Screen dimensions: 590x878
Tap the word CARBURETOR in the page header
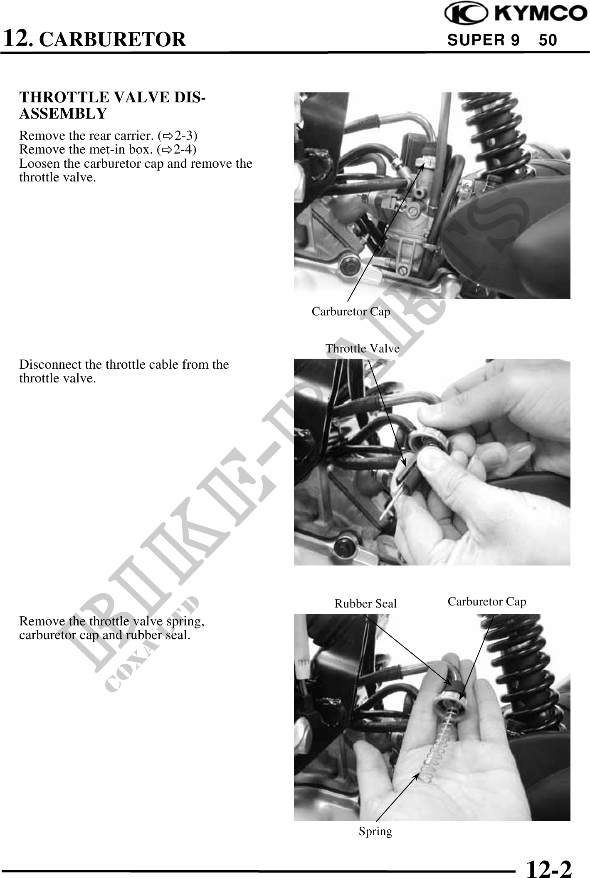114,40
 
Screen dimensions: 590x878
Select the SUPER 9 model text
483,40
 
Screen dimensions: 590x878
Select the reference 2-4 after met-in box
185,149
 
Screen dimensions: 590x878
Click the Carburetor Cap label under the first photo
351,312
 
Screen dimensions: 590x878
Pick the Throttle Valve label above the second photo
362,348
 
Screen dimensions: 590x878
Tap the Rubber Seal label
365,604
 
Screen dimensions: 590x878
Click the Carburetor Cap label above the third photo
487,602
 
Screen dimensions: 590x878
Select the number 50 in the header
548,40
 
